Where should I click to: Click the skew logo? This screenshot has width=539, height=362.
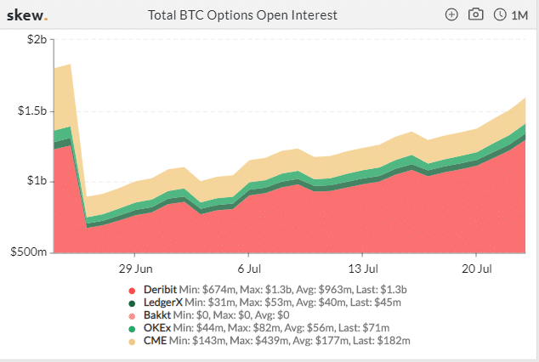[x=27, y=15]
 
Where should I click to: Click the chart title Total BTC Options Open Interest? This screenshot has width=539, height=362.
[x=242, y=15]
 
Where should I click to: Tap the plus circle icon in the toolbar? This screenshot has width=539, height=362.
[x=451, y=14]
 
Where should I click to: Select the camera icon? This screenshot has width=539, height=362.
[x=476, y=14]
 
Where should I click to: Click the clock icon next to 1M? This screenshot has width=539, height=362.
[x=500, y=14]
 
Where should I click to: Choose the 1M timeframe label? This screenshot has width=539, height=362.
[x=519, y=15]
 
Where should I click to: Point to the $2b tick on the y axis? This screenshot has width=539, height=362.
[x=37, y=39]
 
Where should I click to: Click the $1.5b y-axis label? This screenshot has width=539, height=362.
[x=32, y=111]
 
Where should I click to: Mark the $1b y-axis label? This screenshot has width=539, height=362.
[x=37, y=180]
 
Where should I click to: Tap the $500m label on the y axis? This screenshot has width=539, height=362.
[x=29, y=252]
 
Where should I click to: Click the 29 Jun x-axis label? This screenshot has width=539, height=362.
[x=136, y=269]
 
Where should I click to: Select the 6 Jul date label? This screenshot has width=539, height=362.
[x=249, y=269]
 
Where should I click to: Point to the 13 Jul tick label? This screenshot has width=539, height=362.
[x=363, y=269]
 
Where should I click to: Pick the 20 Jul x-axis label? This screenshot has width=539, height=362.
[x=477, y=269]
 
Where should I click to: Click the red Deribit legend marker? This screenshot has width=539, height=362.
[x=132, y=291]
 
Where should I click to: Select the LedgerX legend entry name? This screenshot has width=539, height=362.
[x=163, y=303]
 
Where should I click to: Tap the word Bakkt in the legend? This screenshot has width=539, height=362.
[x=157, y=315]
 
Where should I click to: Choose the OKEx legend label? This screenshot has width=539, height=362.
[x=157, y=328]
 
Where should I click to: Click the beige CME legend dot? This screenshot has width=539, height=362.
[x=132, y=342]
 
